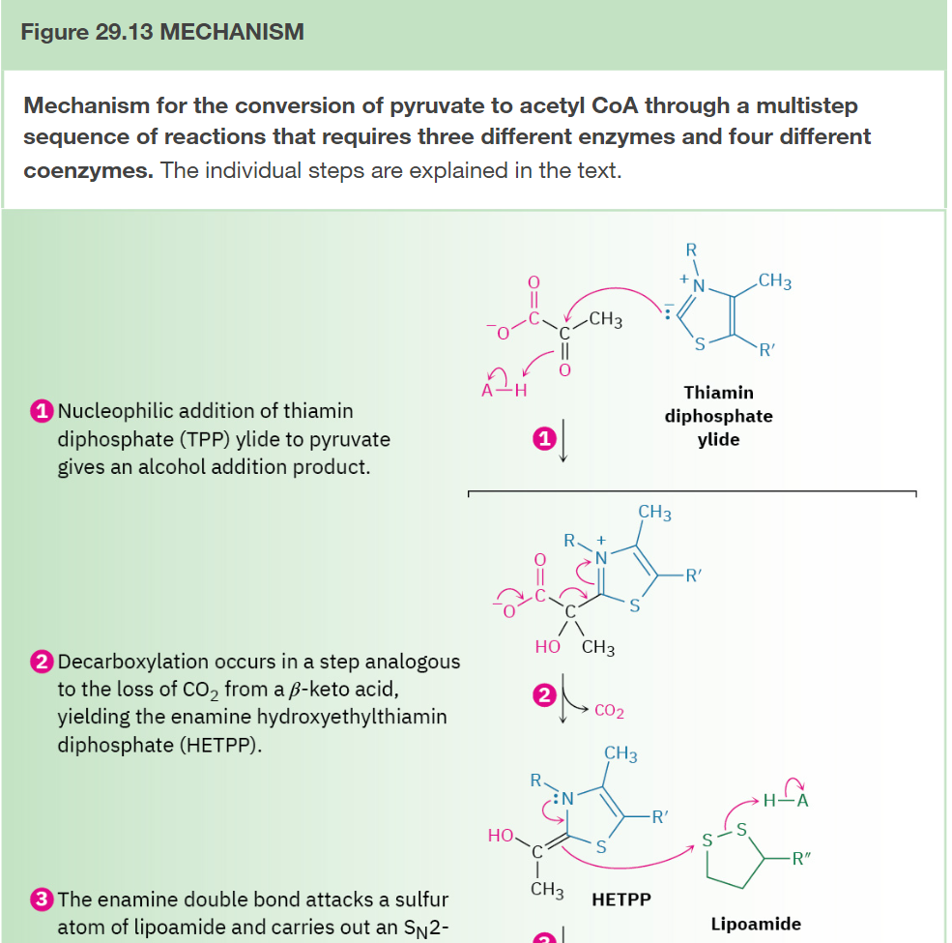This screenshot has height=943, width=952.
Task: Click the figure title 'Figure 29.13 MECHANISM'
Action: tap(161, 33)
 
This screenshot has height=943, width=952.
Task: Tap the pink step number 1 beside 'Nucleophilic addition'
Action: tap(41, 411)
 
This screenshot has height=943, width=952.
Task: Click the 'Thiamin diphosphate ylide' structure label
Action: tap(718, 416)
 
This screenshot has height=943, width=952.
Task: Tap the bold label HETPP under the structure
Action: tap(620, 899)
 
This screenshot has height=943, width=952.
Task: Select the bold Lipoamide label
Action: tap(756, 924)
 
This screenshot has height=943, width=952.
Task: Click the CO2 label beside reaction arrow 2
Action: tap(609, 712)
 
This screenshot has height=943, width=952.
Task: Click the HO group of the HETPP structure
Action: tap(502, 835)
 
